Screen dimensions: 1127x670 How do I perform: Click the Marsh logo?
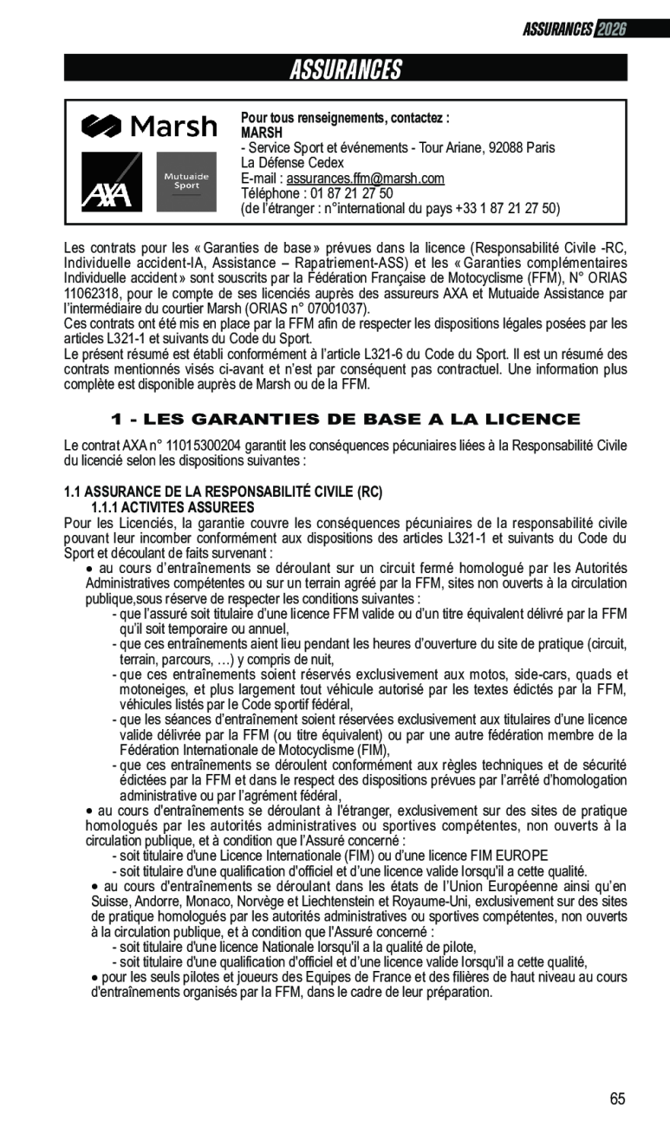[x=149, y=127]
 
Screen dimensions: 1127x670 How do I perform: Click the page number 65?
[x=617, y=1099]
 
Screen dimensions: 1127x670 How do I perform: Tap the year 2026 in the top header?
[x=611, y=29]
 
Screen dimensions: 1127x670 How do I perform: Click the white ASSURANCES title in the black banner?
[x=345, y=69]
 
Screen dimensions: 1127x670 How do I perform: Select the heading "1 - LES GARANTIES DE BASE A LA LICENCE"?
[x=346, y=420]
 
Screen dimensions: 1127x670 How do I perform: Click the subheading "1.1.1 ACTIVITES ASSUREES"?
[x=173, y=507]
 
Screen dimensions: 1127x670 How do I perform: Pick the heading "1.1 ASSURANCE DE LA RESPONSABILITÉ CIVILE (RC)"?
[x=223, y=492]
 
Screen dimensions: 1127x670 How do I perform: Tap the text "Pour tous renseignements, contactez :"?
[x=345, y=118]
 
